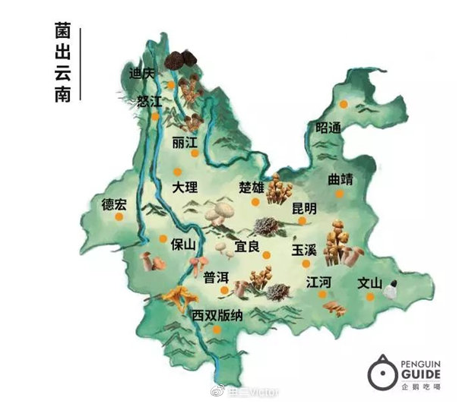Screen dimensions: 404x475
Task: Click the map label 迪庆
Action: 142,74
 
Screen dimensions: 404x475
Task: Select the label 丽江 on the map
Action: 185,143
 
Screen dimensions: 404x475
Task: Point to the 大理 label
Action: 185,187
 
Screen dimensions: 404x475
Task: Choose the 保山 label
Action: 184,245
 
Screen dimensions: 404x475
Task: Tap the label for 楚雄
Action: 251,187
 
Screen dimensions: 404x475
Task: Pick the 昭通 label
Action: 328,128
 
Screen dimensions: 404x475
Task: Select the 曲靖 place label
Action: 340,180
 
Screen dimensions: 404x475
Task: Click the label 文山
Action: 370,283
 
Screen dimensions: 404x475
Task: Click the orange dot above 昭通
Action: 344,103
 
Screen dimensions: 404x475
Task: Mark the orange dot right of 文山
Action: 370,297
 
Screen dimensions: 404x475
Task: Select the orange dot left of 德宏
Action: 119,218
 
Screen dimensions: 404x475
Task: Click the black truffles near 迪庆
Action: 180,61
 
